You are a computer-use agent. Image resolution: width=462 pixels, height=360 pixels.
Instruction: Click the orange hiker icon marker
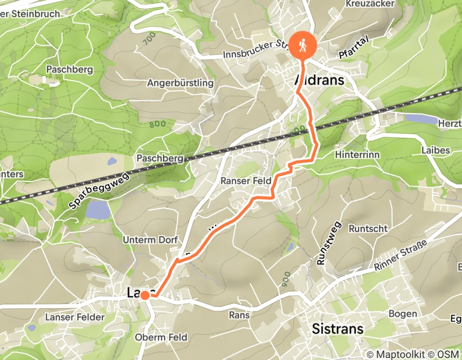[303, 45]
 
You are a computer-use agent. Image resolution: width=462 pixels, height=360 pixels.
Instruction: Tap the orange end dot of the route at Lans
[145, 295]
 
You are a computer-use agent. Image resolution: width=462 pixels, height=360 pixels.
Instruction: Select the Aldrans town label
[319, 81]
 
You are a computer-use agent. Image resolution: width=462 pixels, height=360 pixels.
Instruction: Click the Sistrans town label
[339, 329]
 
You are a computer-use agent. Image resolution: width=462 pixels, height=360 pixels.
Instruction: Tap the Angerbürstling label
[180, 83]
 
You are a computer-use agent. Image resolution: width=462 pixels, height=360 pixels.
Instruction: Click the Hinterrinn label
[356, 154]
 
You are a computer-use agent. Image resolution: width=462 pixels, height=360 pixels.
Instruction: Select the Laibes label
[436, 150]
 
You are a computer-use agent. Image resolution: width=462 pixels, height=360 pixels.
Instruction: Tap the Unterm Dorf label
[150, 240]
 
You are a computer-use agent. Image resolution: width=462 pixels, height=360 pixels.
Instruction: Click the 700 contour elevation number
[150, 38]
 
